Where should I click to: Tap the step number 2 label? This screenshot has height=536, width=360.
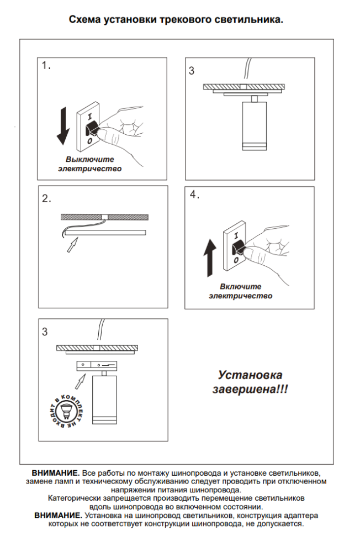click(46, 199)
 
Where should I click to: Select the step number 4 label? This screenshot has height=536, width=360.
click(194, 195)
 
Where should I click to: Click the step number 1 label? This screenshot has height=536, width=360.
click(46, 66)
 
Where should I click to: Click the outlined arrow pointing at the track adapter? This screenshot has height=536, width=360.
click(81, 381)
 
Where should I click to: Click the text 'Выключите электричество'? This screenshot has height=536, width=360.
click(90, 164)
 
